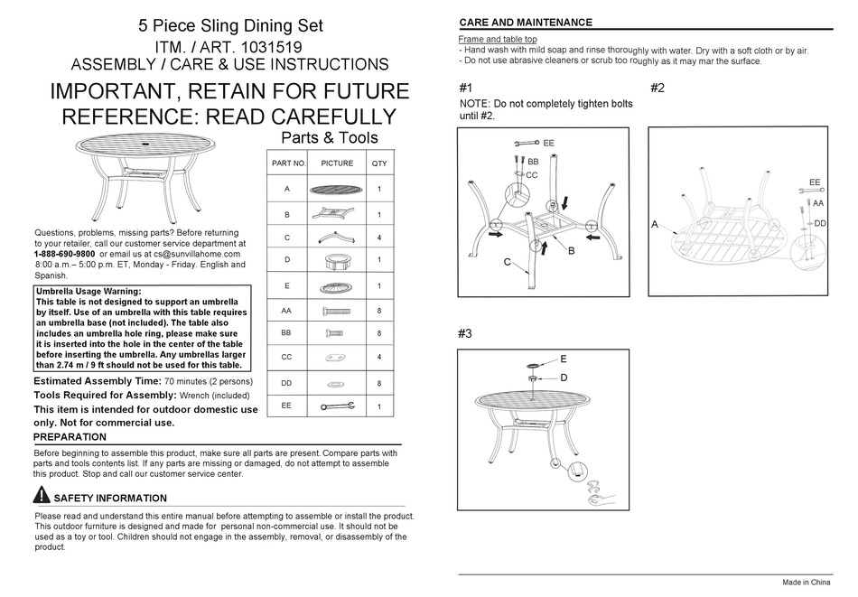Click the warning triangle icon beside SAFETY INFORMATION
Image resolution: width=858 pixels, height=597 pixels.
tap(42, 495)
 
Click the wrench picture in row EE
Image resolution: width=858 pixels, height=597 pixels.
tap(337, 406)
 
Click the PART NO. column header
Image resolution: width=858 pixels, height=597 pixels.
tap(289, 163)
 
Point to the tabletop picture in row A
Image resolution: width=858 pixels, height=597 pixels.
tap(337, 190)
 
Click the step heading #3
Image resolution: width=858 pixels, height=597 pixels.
tap(465, 333)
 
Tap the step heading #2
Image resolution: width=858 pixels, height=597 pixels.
tap(657, 88)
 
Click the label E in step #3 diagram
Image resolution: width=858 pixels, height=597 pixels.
tap(564, 359)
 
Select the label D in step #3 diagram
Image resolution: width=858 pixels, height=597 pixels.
tap(564, 377)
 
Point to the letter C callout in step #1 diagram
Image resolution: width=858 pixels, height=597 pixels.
tap(507, 264)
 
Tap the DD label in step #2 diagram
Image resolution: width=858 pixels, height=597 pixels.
tap(820, 223)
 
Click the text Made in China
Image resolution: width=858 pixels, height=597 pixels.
tap(806, 583)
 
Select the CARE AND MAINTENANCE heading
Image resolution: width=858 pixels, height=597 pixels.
tap(526, 23)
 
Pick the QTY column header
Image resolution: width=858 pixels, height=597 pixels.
tap(378, 163)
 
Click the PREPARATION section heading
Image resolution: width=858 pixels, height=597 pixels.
tap(70, 437)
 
